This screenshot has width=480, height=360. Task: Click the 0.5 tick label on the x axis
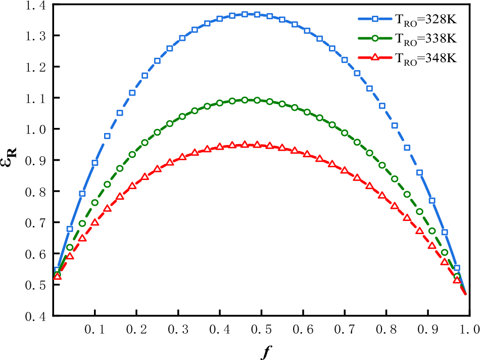pyautogui.click(x=261, y=329)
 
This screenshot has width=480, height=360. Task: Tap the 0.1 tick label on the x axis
pyautogui.click(x=95, y=329)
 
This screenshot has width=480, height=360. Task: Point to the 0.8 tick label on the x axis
pyautogui.click(x=386, y=329)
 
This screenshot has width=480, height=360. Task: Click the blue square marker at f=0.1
pyautogui.click(x=95, y=163)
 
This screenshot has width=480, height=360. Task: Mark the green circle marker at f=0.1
pyautogui.click(x=95, y=203)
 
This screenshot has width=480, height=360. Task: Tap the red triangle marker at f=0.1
pyautogui.click(x=95, y=222)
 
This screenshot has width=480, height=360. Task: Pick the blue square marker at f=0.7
pyautogui.click(x=345, y=60)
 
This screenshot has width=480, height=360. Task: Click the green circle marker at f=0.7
pyautogui.click(x=345, y=133)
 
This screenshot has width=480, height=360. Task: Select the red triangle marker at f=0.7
pyautogui.click(x=345, y=170)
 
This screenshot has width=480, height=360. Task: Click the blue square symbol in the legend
pyautogui.click(x=375, y=20)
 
